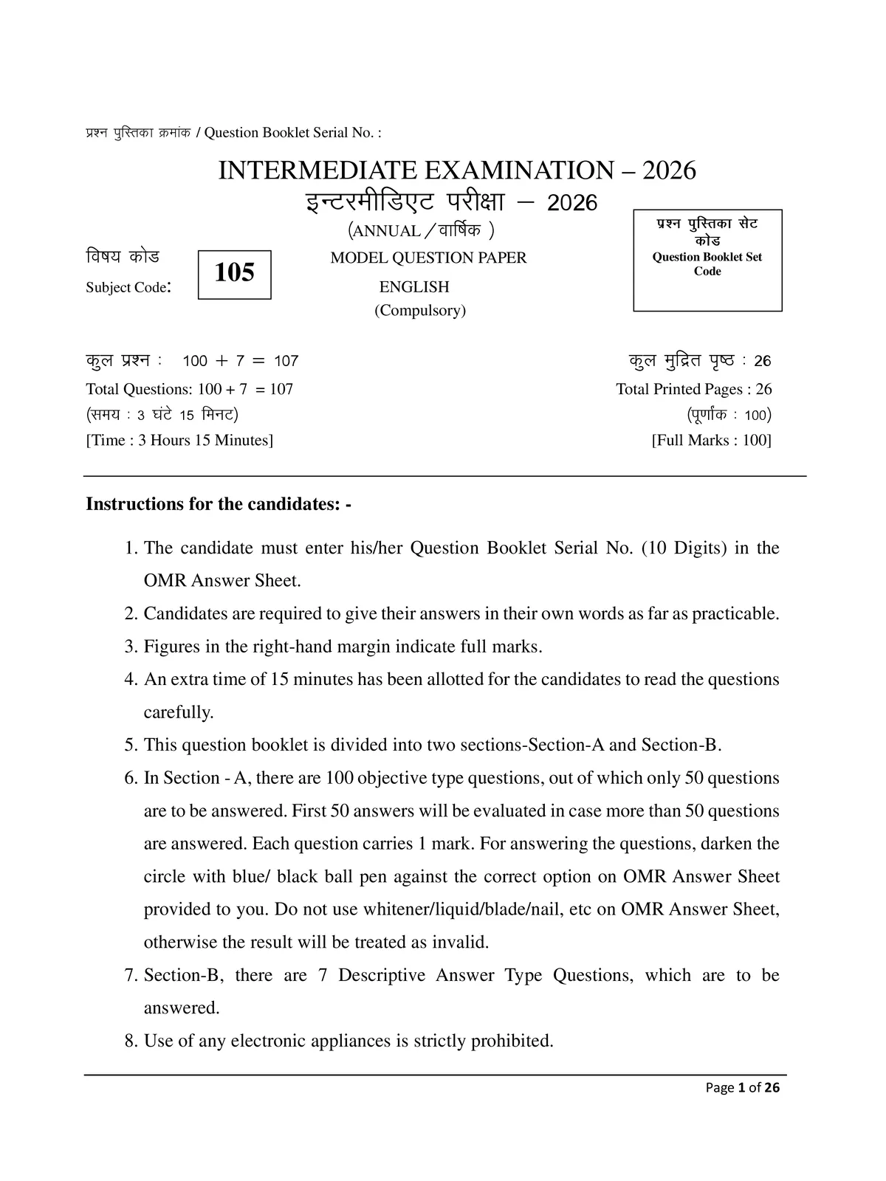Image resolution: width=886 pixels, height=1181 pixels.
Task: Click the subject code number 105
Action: pyautogui.click(x=234, y=273)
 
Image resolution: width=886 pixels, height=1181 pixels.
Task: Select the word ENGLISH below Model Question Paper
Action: pyautogui.click(x=414, y=287)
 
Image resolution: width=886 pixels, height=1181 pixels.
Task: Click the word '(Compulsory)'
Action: pyautogui.click(x=420, y=310)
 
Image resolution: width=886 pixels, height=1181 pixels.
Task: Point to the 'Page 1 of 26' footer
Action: pyautogui.click(x=743, y=1087)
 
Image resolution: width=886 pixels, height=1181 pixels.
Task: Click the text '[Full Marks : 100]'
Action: pyautogui.click(x=711, y=441)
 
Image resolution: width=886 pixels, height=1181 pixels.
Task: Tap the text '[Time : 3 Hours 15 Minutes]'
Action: pyautogui.click(x=179, y=441)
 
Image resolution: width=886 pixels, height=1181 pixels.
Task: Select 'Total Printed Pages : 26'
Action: pyautogui.click(x=694, y=389)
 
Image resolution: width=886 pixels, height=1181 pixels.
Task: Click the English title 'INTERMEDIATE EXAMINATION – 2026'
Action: pyautogui.click(x=457, y=171)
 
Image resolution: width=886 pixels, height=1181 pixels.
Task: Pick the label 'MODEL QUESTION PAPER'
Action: pyautogui.click(x=428, y=258)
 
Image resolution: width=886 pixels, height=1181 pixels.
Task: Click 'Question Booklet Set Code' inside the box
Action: pyautogui.click(x=707, y=264)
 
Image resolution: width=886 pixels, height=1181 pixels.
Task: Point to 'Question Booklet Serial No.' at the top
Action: pyautogui.click(x=292, y=133)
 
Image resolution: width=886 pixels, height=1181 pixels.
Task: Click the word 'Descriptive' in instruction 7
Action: pyautogui.click(x=382, y=976)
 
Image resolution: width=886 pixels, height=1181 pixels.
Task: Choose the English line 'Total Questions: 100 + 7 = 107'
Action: pyautogui.click(x=190, y=389)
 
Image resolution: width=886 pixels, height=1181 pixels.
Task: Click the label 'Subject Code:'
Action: pyautogui.click(x=128, y=288)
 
